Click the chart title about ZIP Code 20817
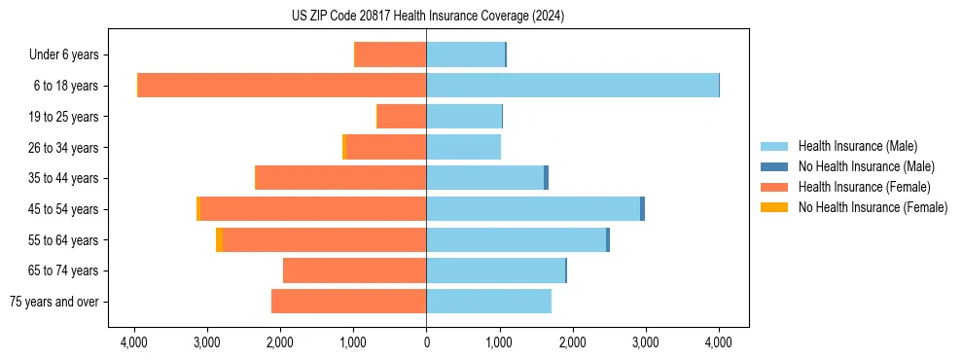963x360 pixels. pos(427,17)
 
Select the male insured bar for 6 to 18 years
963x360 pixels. pos(572,86)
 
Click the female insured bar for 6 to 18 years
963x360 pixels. pos(282,86)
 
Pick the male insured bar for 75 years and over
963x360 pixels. pos(488,302)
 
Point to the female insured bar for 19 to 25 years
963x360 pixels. pos(402,117)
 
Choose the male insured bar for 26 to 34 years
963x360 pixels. pos(463,147)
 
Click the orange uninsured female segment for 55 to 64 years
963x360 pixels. pos(219,239)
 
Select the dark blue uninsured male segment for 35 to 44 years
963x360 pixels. pos(547,178)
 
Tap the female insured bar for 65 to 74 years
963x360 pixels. pos(354,270)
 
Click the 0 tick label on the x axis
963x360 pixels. pos(426,342)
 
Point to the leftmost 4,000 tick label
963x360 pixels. pos(134,342)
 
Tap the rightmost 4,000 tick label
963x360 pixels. pos(719,342)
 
